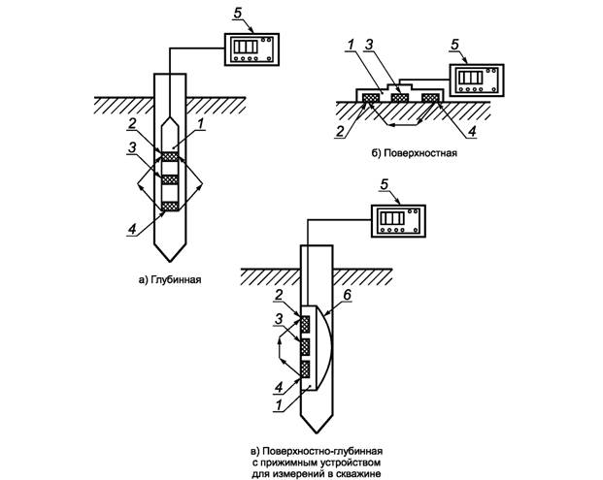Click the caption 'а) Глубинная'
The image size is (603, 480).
click(170, 279)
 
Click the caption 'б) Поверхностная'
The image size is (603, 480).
click(415, 153)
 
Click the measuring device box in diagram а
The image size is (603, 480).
click(251, 49)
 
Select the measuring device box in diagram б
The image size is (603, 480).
click(477, 80)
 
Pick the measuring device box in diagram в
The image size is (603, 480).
click(398, 220)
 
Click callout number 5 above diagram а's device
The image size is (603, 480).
click(238, 13)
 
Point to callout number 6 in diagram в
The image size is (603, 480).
click(347, 295)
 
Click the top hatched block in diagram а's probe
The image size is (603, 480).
click(170, 157)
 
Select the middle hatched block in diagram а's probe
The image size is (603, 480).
click(170, 179)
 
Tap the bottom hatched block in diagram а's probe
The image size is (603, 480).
click(170, 207)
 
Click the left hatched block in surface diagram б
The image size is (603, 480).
click(371, 98)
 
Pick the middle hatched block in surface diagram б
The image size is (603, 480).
click(399, 98)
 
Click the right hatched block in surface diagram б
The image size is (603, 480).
click(430, 98)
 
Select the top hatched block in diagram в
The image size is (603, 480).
click(305, 324)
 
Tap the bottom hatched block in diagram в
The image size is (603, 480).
click(305, 369)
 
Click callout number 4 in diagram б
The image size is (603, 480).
click(472, 131)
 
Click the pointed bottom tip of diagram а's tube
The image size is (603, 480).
click(170, 262)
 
